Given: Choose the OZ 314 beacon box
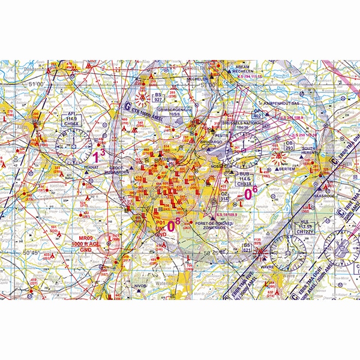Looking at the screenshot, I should point(224,196).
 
